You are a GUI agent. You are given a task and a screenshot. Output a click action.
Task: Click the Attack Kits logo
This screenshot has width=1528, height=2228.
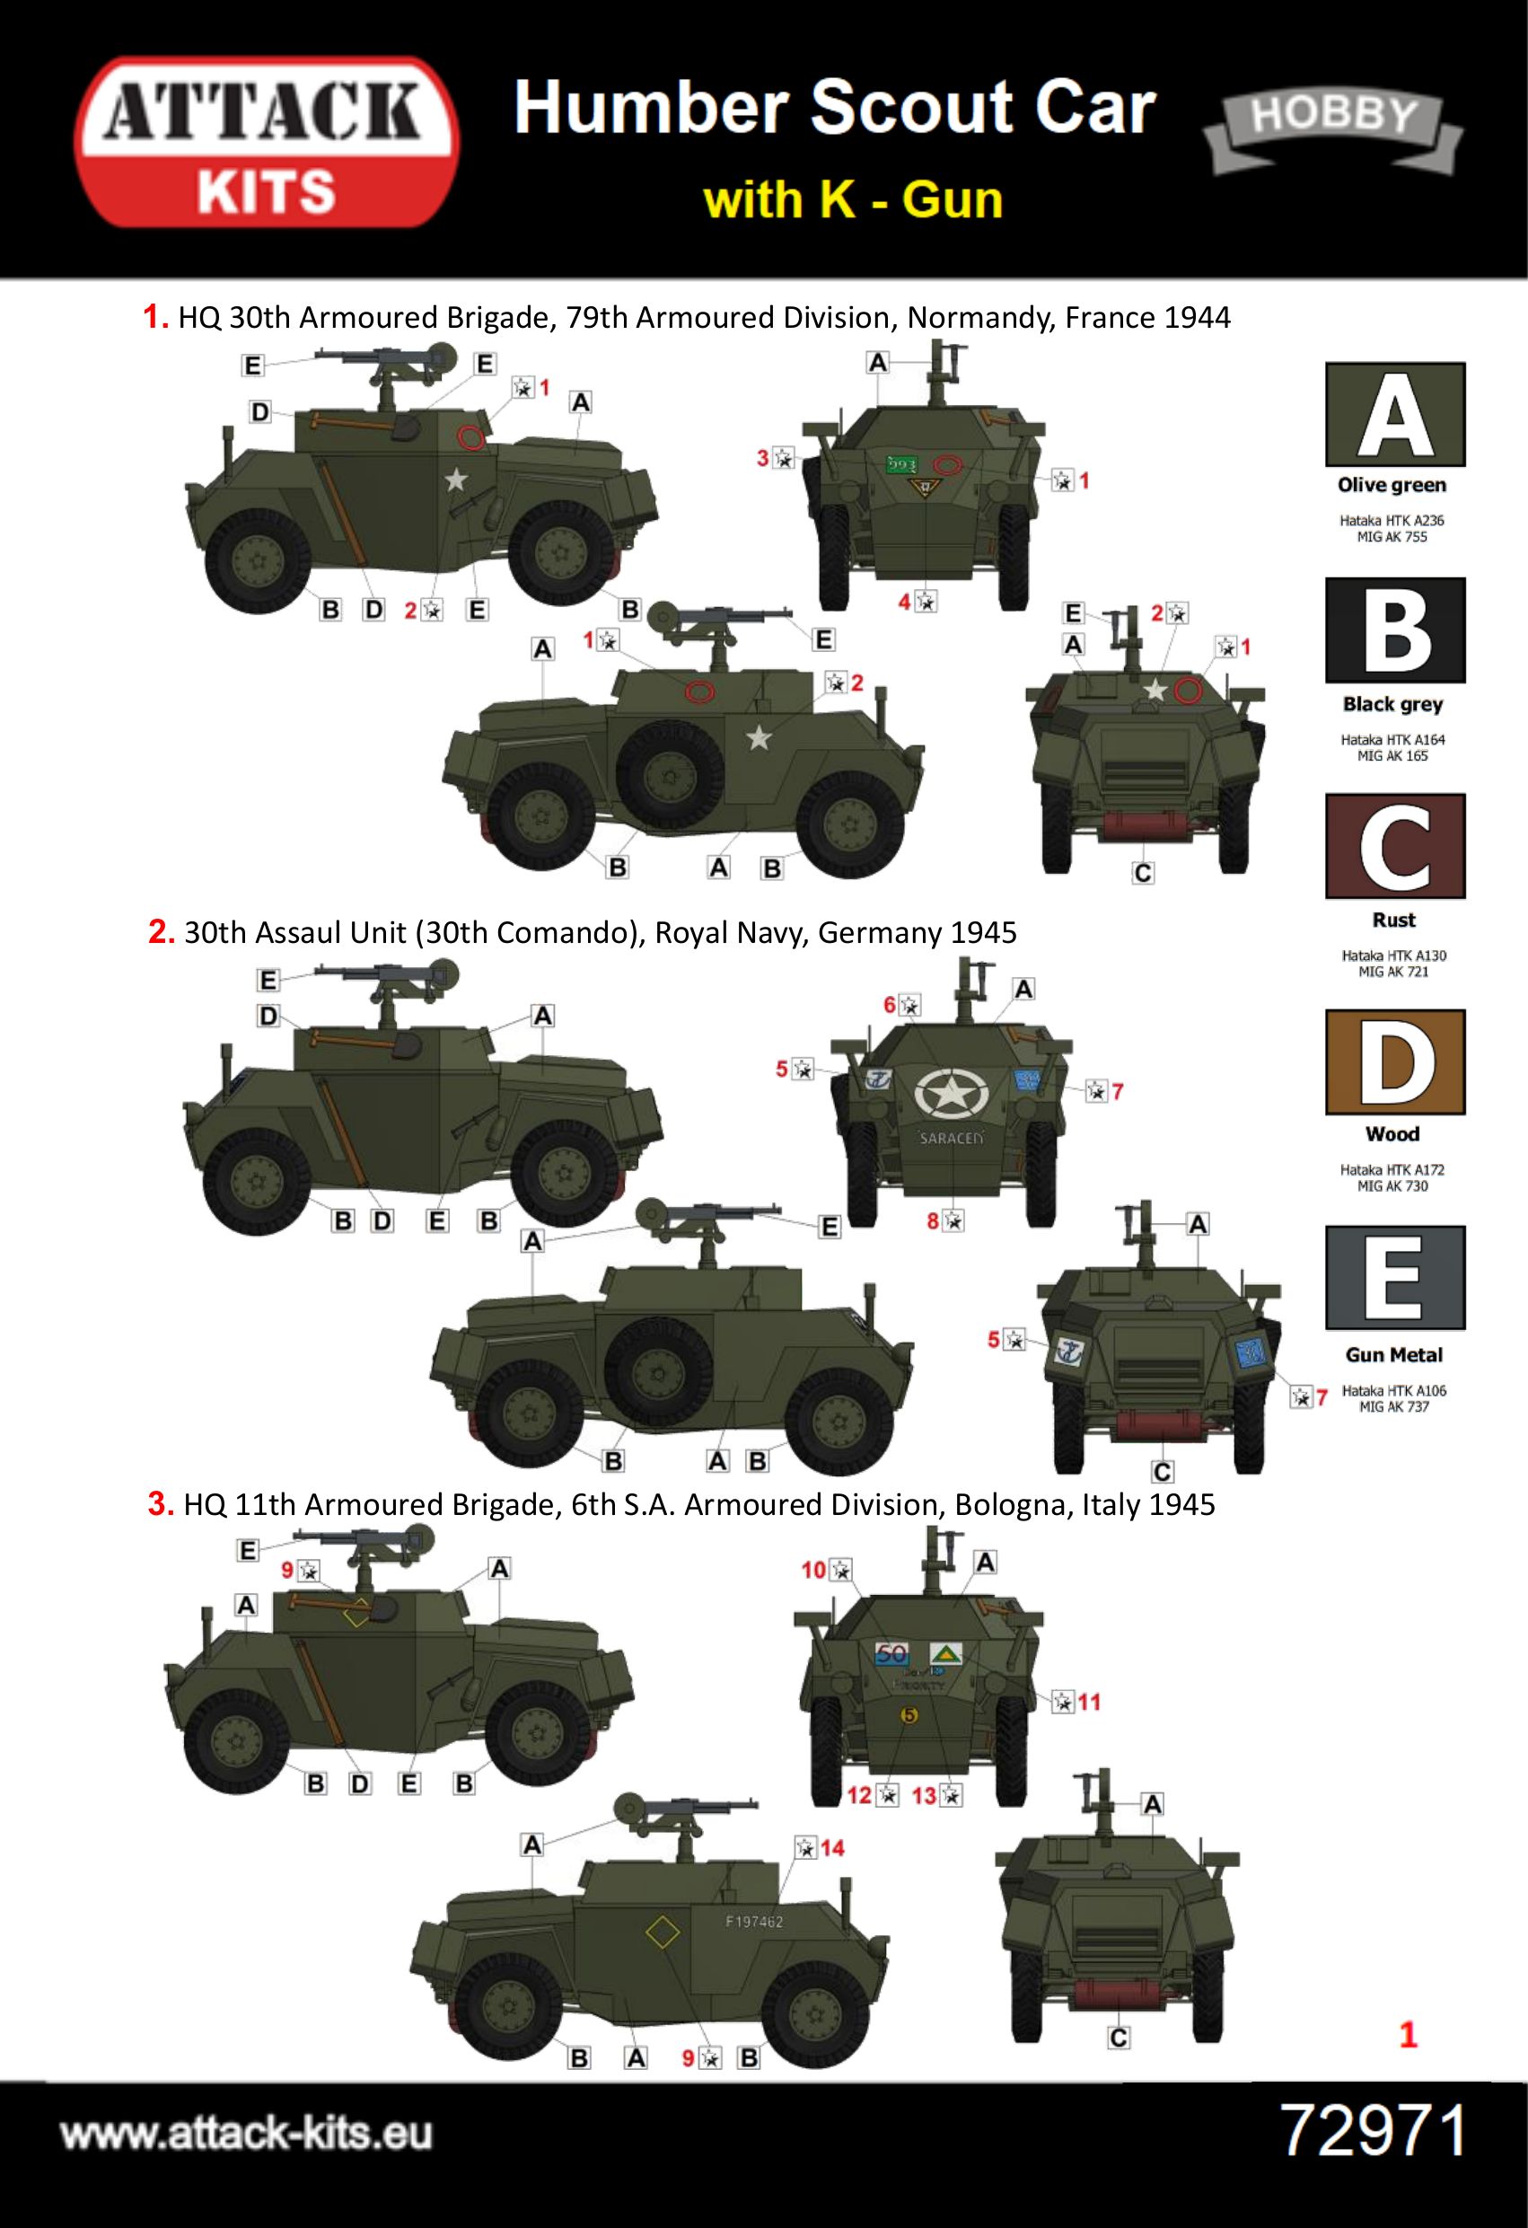tap(267, 142)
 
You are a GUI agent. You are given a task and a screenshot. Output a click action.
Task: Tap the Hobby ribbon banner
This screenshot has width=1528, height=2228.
tap(1332, 129)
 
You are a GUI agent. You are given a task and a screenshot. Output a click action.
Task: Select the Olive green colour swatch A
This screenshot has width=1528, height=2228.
tap(1395, 414)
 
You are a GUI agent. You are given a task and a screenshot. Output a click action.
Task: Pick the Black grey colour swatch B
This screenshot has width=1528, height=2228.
tap(1395, 630)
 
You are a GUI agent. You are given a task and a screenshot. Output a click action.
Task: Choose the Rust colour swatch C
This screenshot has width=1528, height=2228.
tap(1395, 846)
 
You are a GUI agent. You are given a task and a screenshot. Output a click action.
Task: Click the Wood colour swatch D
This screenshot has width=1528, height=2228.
tap(1395, 1061)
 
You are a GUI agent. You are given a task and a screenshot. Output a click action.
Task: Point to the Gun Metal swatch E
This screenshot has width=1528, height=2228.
tap(1395, 1278)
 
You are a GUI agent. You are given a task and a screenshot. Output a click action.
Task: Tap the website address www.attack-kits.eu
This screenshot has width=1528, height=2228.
tap(246, 2134)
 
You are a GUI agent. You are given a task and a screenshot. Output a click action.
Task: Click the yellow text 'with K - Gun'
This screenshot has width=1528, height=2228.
tap(852, 200)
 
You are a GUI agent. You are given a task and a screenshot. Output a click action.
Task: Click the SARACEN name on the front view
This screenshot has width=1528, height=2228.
tap(951, 1138)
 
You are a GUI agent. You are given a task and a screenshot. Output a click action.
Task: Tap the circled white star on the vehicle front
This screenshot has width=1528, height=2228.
tap(950, 1093)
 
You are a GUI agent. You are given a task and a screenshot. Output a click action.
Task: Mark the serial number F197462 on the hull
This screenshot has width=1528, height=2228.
tap(754, 1922)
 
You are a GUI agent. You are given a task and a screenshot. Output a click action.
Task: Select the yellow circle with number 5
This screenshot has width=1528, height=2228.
tap(909, 1715)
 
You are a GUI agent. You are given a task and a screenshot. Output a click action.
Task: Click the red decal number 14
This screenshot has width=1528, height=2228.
tap(832, 1847)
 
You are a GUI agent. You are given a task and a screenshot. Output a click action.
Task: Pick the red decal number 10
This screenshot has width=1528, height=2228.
tap(812, 1570)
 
